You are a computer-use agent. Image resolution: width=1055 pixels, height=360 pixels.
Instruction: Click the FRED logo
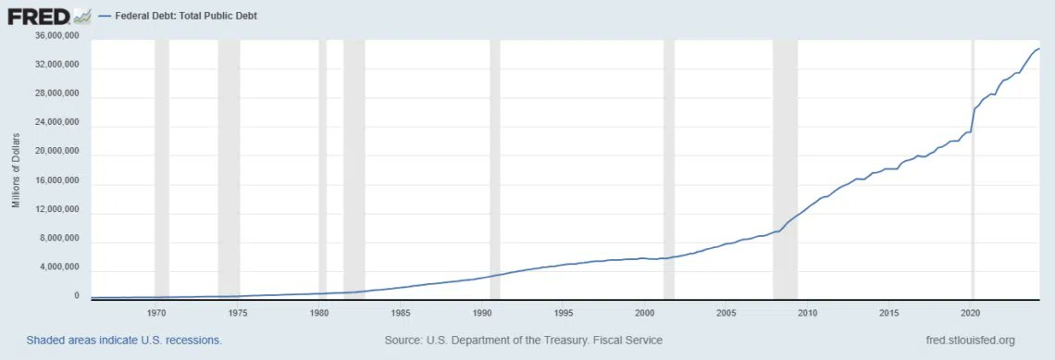tap(48, 16)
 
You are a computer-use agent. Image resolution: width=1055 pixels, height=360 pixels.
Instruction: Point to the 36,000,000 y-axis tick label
tap(56, 36)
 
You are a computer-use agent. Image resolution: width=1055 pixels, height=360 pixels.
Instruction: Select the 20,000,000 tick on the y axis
tap(56, 152)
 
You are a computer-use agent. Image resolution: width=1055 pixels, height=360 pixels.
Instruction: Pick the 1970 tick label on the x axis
tap(156, 313)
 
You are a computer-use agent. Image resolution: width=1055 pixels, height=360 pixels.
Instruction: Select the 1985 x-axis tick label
tap(401, 313)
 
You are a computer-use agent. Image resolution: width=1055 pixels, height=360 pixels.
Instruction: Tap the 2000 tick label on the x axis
tap(645, 313)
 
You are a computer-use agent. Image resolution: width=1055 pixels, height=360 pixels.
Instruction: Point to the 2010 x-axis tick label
tap(808, 313)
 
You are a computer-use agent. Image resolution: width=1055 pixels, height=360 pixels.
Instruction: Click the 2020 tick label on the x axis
tap(971, 313)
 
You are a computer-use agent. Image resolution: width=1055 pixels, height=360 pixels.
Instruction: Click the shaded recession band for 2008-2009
tap(785, 167)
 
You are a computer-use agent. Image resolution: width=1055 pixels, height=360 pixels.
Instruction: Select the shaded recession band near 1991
tap(495, 167)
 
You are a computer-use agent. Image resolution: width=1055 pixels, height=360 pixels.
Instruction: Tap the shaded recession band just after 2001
tap(669, 167)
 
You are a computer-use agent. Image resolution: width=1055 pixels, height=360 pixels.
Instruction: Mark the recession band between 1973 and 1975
tap(229, 167)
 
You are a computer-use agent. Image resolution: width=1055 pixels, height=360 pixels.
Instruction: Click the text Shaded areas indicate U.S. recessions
tap(124, 341)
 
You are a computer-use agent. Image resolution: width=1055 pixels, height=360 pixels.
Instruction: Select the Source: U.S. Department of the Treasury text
tap(523, 341)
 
